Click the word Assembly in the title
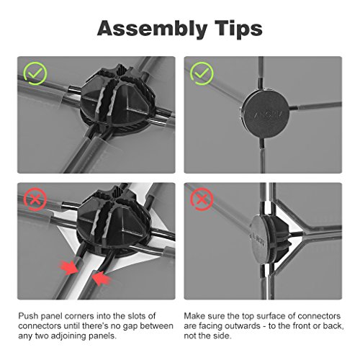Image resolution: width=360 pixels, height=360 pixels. (x=153, y=29)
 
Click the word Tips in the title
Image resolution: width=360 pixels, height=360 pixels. (x=238, y=28)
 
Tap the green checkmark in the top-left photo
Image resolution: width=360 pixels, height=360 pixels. (x=35, y=73)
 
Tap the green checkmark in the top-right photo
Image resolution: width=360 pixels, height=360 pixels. (x=202, y=73)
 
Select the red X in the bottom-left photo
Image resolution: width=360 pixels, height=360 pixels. (x=35, y=199)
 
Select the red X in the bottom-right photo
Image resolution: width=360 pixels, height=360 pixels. (x=202, y=199)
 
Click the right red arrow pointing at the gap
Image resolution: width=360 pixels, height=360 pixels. (x=102, y=279)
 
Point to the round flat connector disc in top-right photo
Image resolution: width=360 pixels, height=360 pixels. (x=265, y=113)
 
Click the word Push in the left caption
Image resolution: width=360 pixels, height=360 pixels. (x=28, y=316)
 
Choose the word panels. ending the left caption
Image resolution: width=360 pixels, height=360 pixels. (x=102, y=336)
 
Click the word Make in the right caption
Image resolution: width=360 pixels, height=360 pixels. (x=194, y=316)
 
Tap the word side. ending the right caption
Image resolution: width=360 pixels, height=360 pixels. (x=220, y=336)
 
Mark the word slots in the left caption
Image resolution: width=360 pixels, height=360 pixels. (x=135, y=316)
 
